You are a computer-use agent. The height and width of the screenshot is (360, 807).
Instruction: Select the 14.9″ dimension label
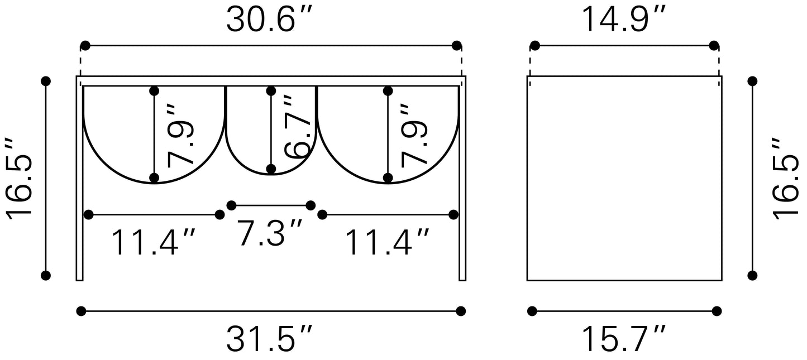[624, 20]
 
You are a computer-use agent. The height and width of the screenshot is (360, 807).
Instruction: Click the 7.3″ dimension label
[269, 232]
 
